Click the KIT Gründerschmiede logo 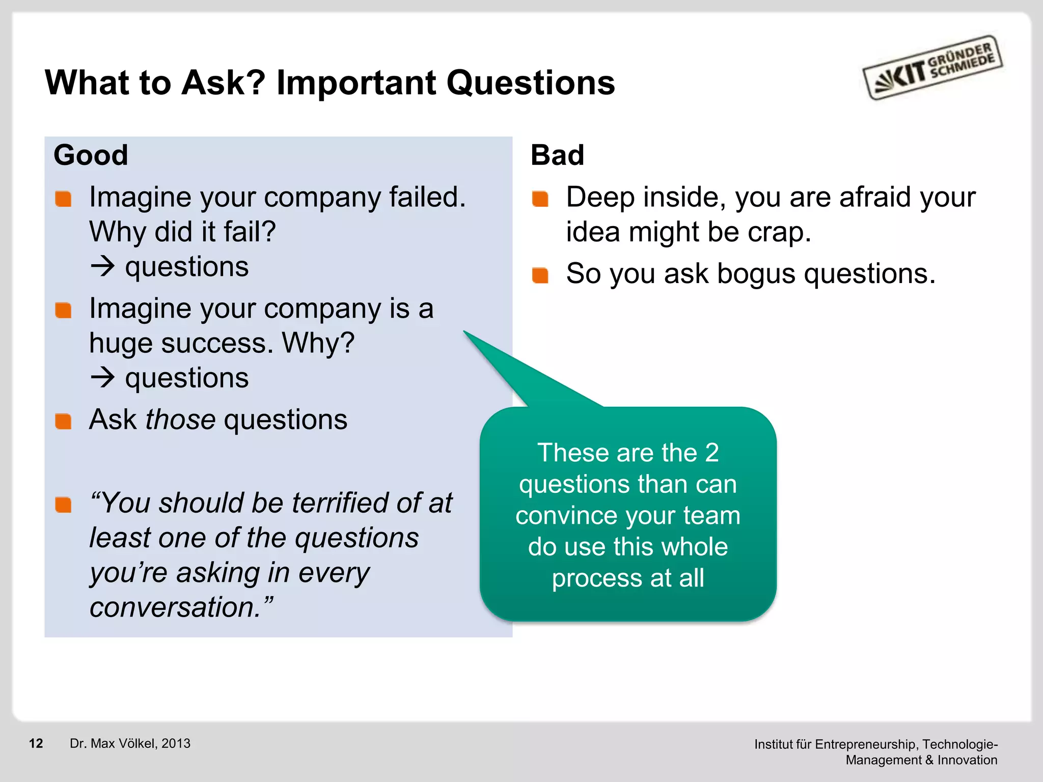932,67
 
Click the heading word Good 91,155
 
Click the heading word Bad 557,155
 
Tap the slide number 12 36,743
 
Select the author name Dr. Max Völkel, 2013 130,743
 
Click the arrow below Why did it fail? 102,266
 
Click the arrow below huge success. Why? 102,378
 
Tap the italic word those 181,420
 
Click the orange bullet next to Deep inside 540,199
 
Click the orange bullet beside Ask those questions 63,421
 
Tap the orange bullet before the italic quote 63,505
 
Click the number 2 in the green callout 711,453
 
